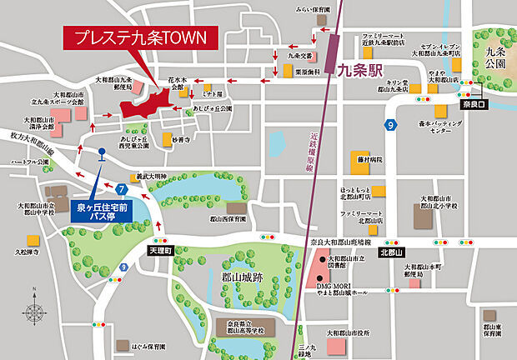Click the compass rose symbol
coord(35,314)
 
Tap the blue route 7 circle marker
coord(122,189)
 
